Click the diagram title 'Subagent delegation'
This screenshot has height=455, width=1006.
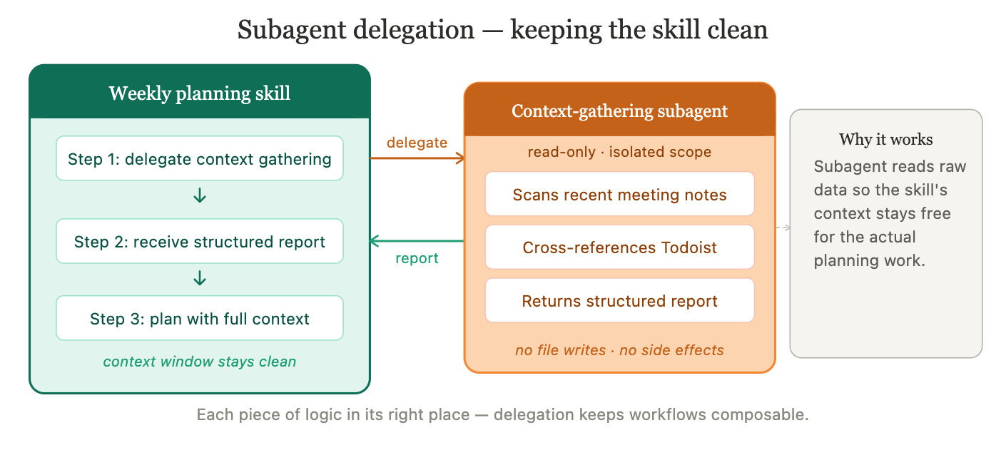click(355, 30)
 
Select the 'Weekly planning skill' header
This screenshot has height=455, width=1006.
click(200, 93)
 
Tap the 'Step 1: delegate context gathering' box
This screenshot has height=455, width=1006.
click(200, 159)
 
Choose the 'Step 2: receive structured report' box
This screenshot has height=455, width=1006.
click(200, 242)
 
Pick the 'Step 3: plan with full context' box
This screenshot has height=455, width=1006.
click(200, 319)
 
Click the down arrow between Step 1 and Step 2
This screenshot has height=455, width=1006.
click(200, 196)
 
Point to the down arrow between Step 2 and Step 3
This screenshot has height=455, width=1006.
click(200, 278)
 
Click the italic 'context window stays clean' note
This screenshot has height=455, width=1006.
click(200, 362)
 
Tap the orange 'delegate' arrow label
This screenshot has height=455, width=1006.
click(417, 143)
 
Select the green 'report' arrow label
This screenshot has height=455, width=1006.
click(417, 258)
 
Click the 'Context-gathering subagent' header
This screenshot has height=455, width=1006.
click(619, 111)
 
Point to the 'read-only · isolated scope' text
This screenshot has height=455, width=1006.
click(619, 152)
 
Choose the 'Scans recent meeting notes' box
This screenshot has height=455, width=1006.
click(619, 195)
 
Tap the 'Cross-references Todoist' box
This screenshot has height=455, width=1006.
click(619, 247)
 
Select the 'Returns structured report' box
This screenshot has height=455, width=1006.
click(619, 301)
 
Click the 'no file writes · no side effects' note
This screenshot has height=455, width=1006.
click(619, 350)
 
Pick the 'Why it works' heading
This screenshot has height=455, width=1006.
click(885, 139)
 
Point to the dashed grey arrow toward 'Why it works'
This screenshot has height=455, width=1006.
click(783, 228)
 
